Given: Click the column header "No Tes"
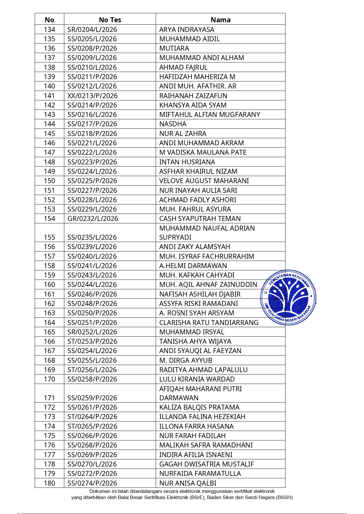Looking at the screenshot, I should pyautogui.click(x=110, y=20).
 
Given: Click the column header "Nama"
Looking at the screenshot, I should pyautogui.click(x=220, y=20).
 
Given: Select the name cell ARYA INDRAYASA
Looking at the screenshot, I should pyautogui.click(x=187, y=30).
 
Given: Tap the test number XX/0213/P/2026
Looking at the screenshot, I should pyautogui.click(x=92, y=96).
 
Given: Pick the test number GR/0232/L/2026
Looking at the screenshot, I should pyautogui.click(x=93, y=219).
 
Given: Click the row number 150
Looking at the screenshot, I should pyautogui.click(x=49, y=181).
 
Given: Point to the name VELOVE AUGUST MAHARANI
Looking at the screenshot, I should pyautogui.click(x=204, y=181).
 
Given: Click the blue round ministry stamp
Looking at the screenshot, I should pyautogui.click(x=288, y=297).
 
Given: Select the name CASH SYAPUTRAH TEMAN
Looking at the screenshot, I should pyautogui.click(x=200, y=219).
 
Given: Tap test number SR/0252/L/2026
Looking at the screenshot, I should pyautogui.click(x=92, y=332).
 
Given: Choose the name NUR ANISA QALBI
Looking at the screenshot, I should pyautogui.click(x=188, y=483).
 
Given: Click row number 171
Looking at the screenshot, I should pyautogui.click(x=49, y=398).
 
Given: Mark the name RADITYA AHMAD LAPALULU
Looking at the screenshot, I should pyautogui.click(x=203, y=370).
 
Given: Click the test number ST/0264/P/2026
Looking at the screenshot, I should pyautogui.click(x=92, y=417).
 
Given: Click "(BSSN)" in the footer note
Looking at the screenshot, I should pyautogui.click(x=285, y=497).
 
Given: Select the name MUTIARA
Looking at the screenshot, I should pyautogui.click(x=174, y=48).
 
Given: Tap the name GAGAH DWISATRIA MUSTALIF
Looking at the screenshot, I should pyautogui.click(x=206, y=464).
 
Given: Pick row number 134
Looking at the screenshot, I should pyautogui.click(x=49, y=30).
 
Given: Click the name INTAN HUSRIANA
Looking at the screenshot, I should pyautogui.click(x=187, y=162).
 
